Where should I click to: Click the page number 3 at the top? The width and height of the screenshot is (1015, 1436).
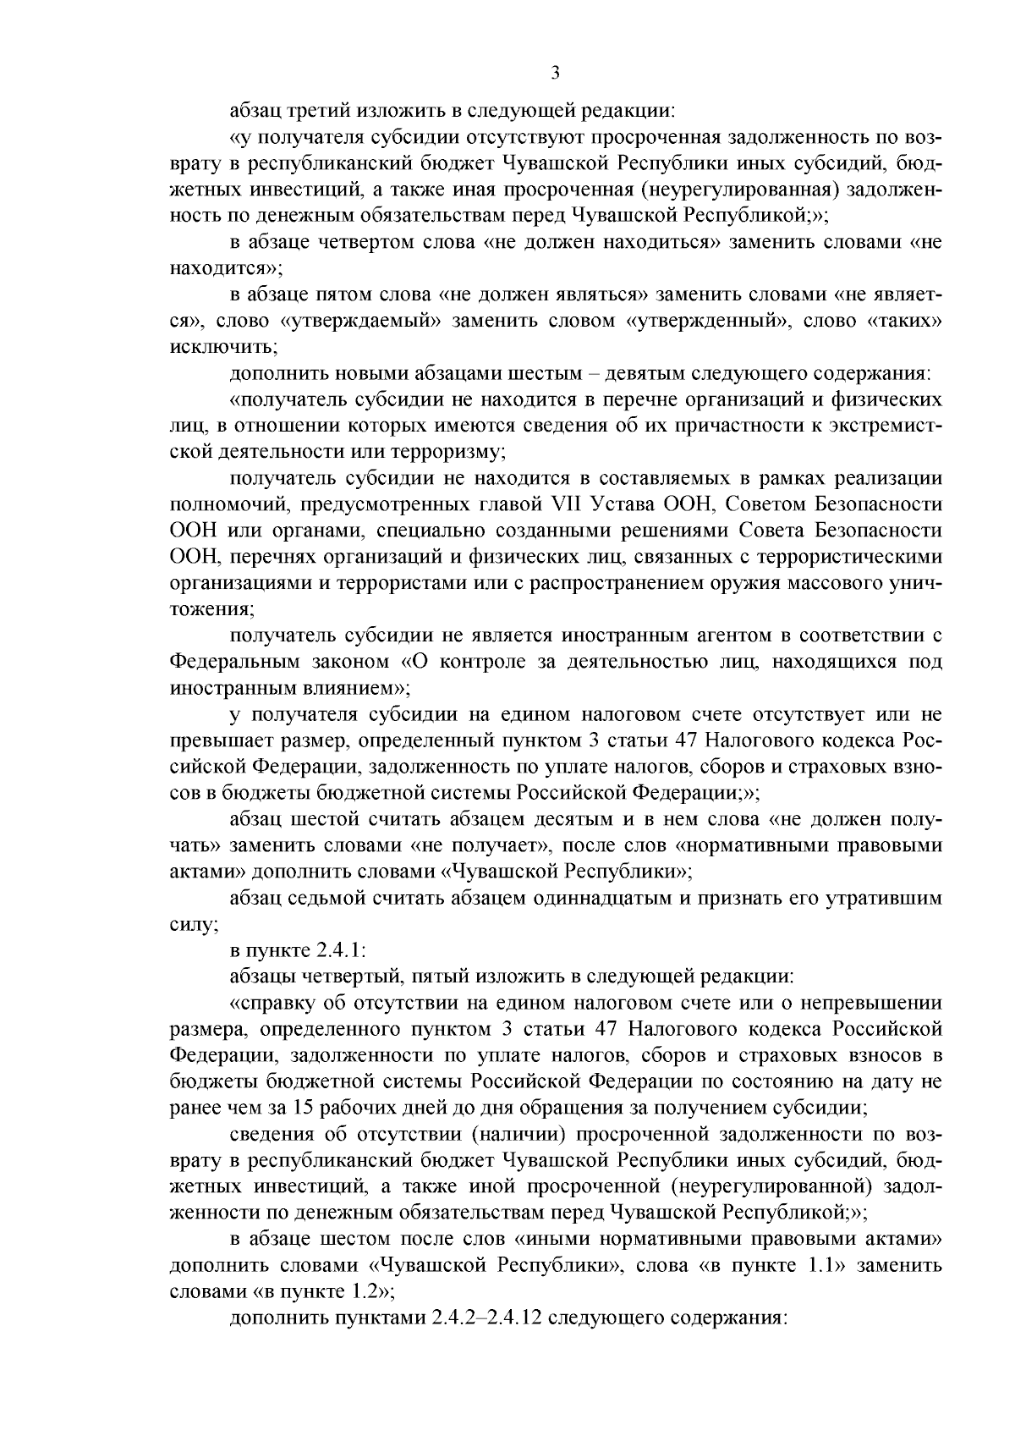pyautogui.click(x=555, y=74)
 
